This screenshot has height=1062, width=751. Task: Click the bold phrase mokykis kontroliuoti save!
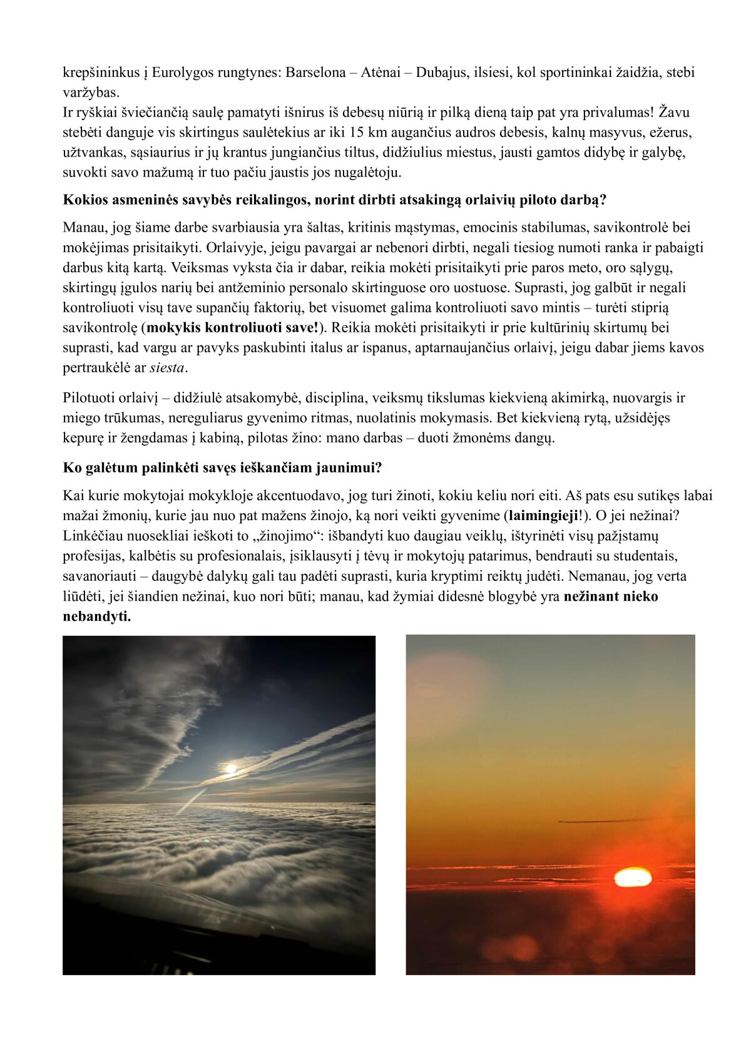(232, 327)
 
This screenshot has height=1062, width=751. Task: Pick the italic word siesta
(167, 367)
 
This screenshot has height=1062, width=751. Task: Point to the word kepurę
(84, 438)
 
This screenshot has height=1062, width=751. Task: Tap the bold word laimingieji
(543, 516)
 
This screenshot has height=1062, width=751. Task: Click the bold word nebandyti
(96, 616)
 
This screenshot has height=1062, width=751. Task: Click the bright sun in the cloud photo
(231, 768)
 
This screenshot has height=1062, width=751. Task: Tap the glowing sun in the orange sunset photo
(633, 877)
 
